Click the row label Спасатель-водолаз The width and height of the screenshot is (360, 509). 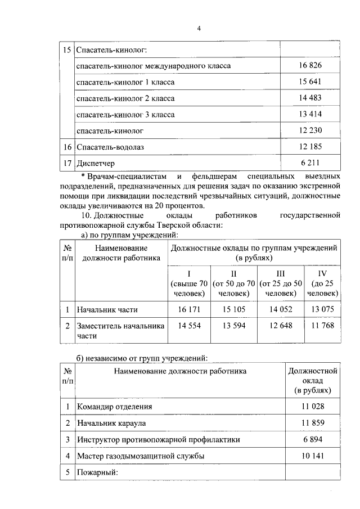(107, 147)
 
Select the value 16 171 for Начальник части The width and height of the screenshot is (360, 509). (188, 309)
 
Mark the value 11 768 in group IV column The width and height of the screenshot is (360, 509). (322, 326)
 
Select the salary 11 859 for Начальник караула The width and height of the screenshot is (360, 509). (312, 423)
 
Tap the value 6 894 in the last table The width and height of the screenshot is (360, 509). (312, 439)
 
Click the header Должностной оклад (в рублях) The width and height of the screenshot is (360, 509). (312, 380)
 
